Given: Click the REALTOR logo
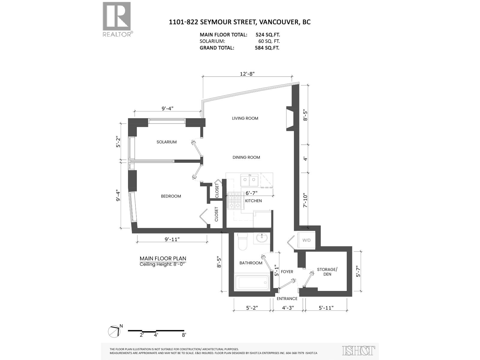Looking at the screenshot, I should [117, 19].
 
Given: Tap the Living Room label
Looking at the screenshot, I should [245, 118].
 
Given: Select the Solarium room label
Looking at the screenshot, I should [166, 142].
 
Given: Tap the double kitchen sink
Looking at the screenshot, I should [249, 180].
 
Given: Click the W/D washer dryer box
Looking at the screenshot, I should [306, 240].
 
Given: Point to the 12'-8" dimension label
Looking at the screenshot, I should [247, 74].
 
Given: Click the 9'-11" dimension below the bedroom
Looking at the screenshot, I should [172, 239].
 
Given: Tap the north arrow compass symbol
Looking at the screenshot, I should [114, 331].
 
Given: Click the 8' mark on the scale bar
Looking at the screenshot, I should [184, 335].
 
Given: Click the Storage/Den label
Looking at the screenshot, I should [327, 272].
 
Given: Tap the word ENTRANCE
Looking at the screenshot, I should [287, 298].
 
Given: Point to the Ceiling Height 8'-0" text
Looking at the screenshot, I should [163, 264].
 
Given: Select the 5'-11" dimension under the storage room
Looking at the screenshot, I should [326, 307].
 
